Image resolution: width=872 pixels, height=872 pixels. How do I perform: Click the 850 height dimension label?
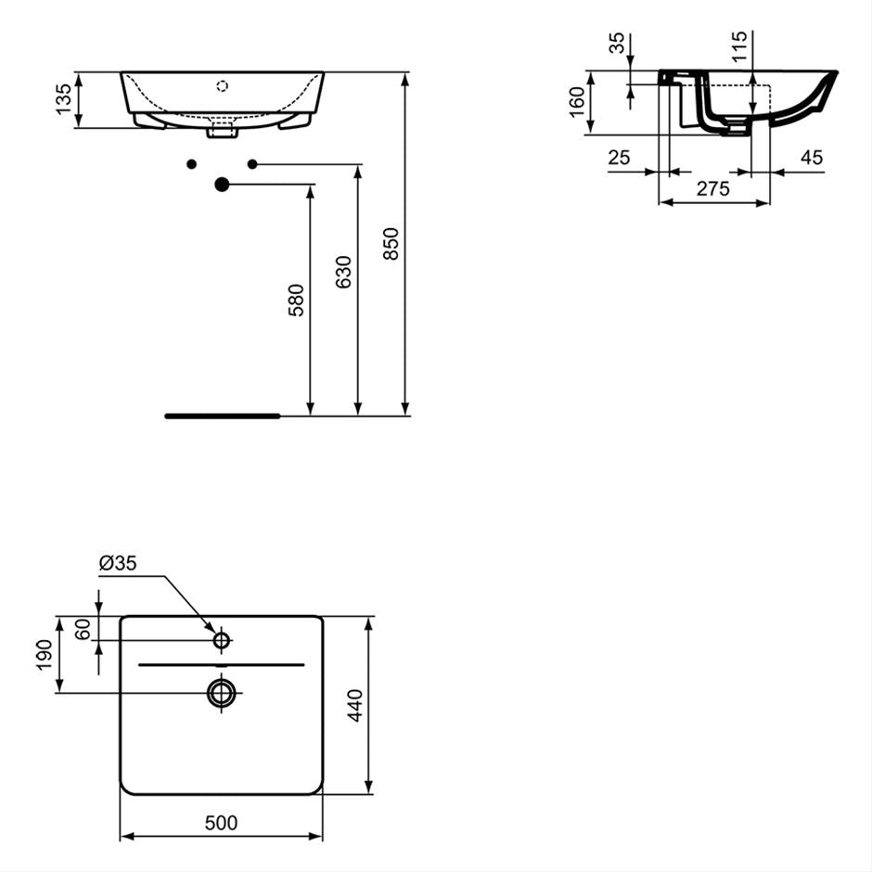click(391, 243)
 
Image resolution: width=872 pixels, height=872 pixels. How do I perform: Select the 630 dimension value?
click(343, 272)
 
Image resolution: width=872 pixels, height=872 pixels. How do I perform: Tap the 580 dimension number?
click(295, 301)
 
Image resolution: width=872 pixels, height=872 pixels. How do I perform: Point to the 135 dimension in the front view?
click(63, 99)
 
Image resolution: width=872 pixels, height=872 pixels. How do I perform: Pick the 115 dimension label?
click(737, 46)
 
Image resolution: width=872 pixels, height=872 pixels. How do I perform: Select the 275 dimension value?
click(712, 188)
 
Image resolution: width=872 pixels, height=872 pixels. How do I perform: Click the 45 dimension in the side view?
click(811, 158)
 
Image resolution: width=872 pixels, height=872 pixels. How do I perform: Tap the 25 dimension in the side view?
click(619, 158)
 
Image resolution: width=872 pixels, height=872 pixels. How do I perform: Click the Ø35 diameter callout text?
click(117, 563)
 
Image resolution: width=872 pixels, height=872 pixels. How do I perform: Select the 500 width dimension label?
click(222, 823)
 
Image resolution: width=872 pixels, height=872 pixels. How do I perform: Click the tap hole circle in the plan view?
click(222, 640)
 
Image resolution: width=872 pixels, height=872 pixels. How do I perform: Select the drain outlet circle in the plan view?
click(222, 692)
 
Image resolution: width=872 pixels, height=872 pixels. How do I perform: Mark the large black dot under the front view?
click(222, 185)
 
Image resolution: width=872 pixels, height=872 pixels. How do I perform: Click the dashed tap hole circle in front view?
click(222, 86)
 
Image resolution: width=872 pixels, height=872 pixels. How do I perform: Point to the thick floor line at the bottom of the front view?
click(223, 416)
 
